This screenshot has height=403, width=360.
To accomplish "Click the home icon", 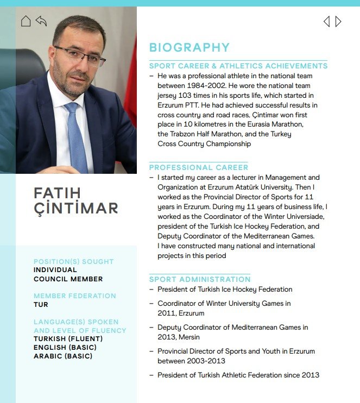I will pos(26,21).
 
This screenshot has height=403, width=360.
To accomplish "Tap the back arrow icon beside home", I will pos(41,21).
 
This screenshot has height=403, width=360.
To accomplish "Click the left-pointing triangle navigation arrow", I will pos(326,22).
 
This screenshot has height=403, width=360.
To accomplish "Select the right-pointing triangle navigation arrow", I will pos(338,22).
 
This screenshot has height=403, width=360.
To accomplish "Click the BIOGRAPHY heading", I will pos(189,48).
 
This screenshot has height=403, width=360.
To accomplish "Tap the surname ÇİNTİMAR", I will pos(75,208).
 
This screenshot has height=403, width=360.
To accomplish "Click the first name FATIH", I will pos(57,193).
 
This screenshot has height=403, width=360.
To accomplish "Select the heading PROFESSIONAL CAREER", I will pos(198,167).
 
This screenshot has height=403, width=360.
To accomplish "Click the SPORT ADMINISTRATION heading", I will pos(200,279).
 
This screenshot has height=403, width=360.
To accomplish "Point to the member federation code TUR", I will pos(41,305).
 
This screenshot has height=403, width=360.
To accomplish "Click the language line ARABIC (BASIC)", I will pos(63,356).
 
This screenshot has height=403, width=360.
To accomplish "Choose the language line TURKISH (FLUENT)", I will pos(68,339).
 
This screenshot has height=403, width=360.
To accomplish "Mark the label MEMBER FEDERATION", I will pos(74,296).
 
